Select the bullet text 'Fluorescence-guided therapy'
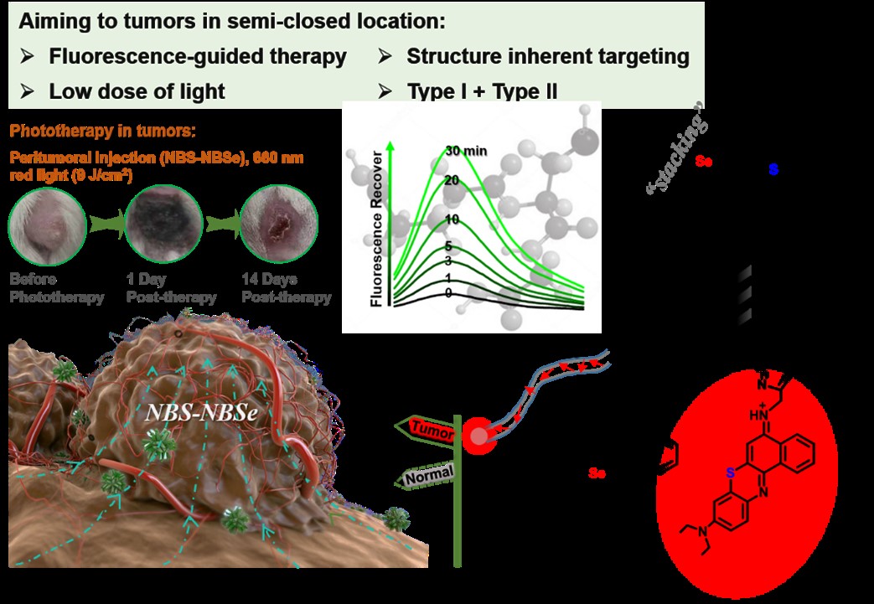point(197,57)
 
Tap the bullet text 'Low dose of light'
point(137,91)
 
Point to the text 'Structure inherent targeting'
point(547,57)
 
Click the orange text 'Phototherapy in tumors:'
point(103,132)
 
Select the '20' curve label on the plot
point(453,180)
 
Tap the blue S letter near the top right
point(773,170)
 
